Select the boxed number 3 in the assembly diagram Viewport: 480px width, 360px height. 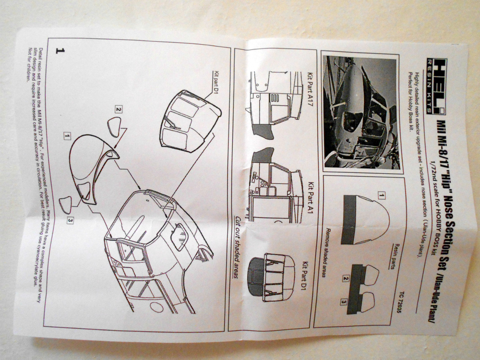coord(70,220)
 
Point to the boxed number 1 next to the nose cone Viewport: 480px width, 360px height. coord(66,136)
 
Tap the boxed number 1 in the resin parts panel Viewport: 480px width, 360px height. coord(381,195)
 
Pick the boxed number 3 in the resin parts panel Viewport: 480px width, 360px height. coord(344,302)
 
